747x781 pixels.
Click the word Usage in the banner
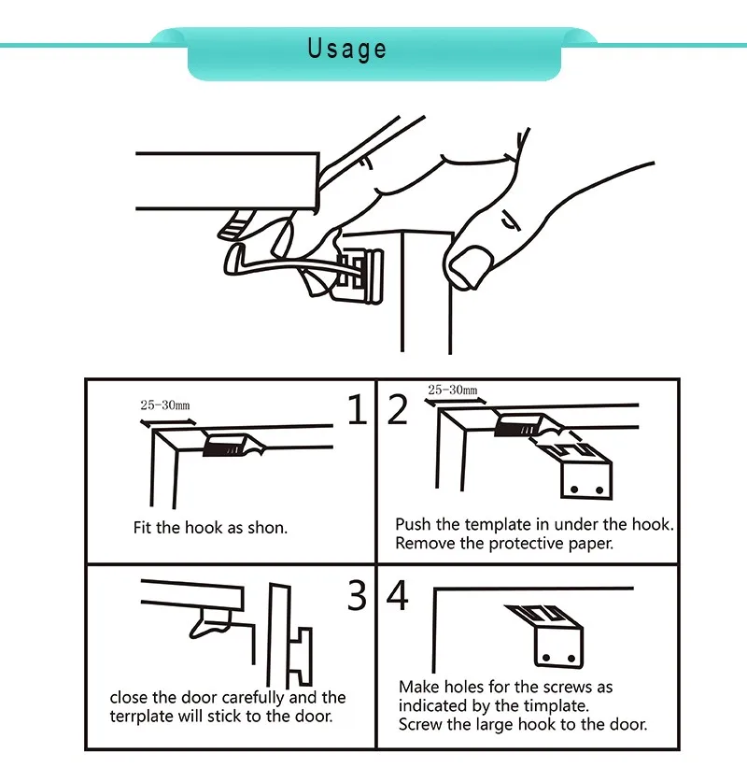click(346, 49)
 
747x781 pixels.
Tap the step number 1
click(357, 410)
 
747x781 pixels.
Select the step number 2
click(399, 410)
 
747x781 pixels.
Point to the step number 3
click(357, 595)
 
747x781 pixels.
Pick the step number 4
click(399, 595)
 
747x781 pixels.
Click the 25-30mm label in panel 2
click(452, 390)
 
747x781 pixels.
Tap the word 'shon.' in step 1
click(267, 528)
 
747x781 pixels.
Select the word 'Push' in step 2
click(414, 524)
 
